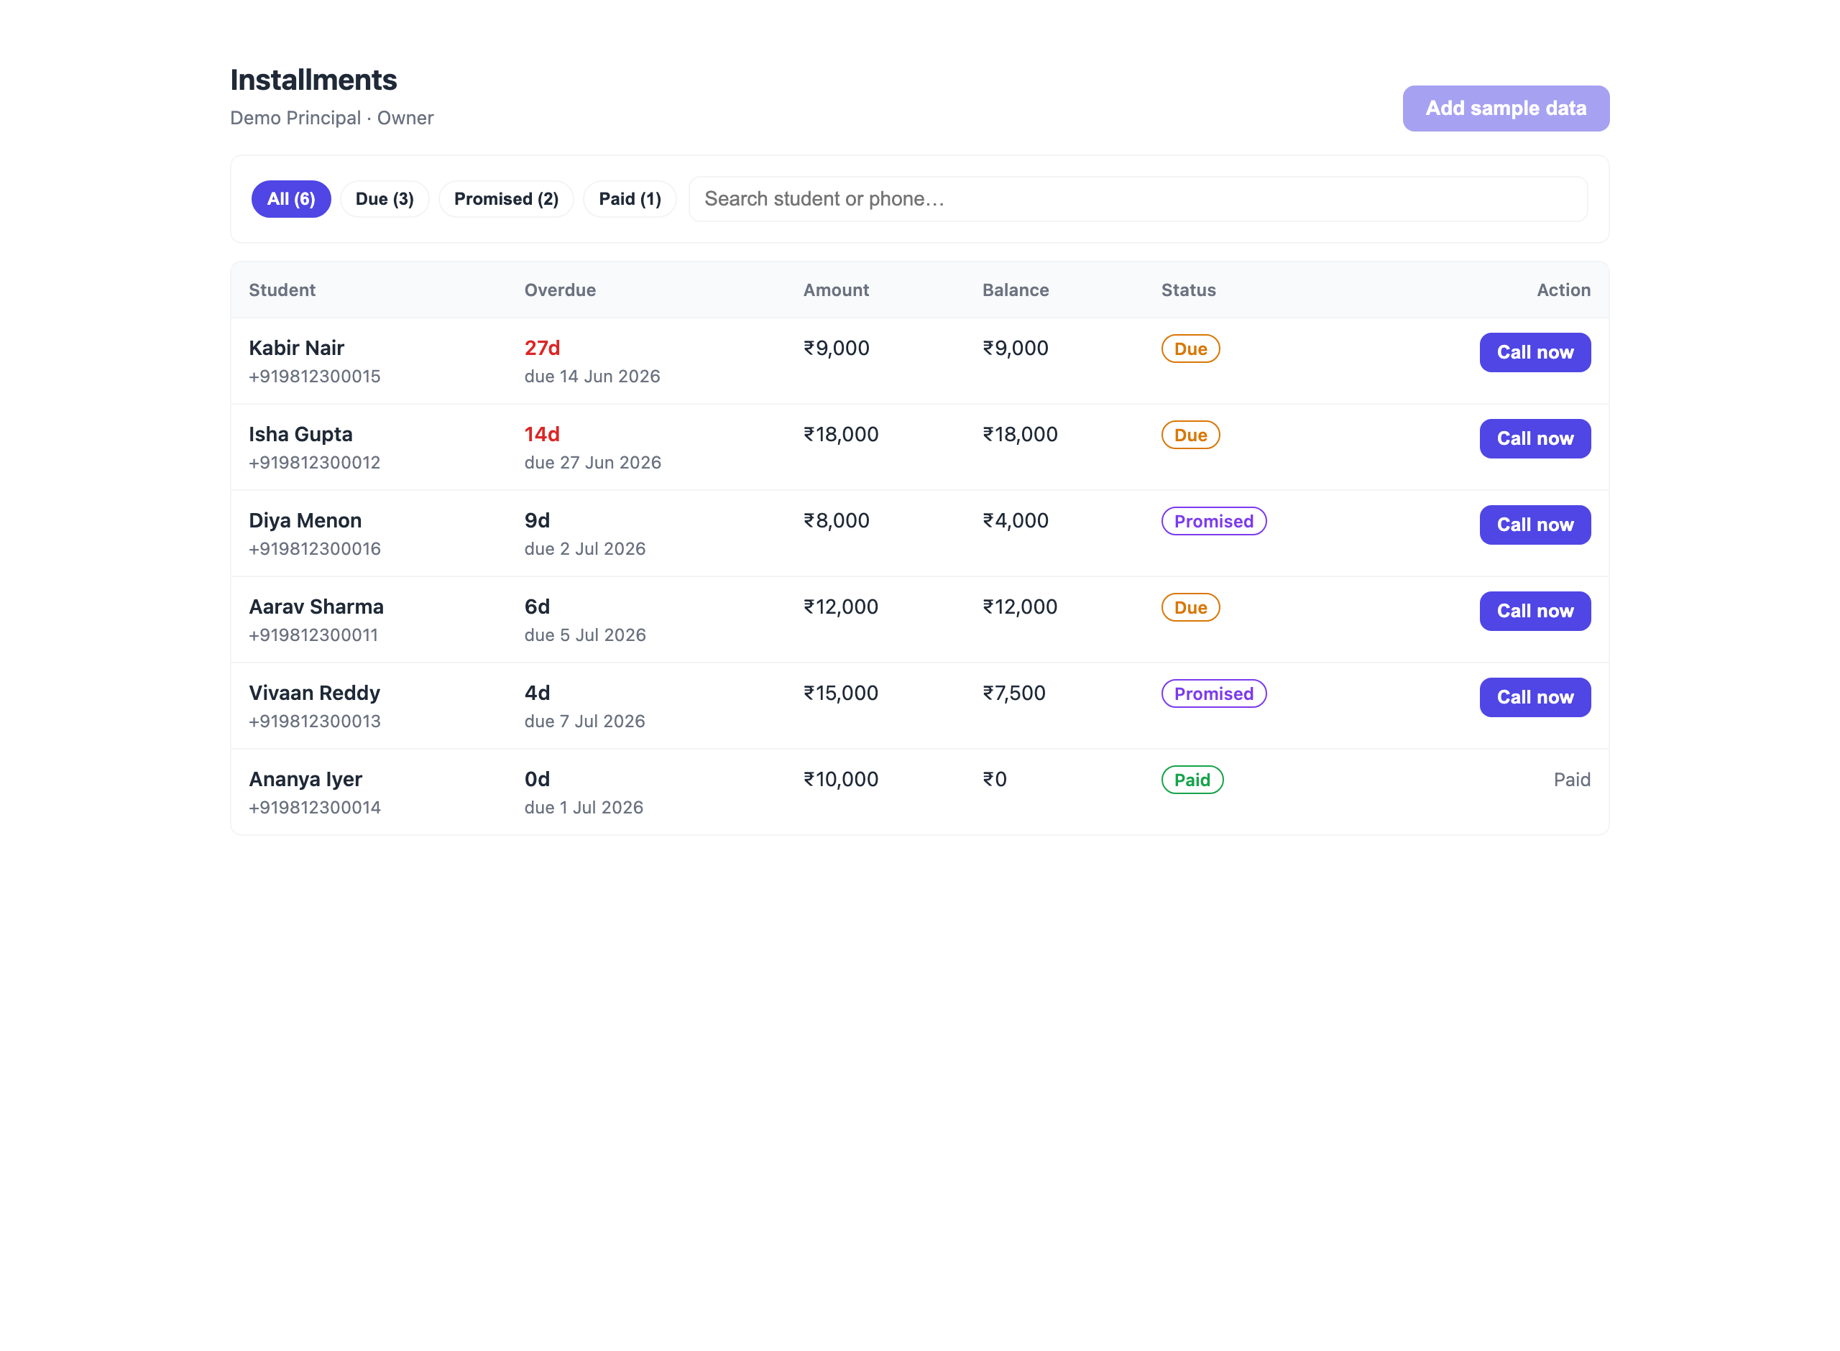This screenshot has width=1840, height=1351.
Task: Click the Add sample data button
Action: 1506,108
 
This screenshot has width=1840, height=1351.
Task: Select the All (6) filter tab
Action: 291,199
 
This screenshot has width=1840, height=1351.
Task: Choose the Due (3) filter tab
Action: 385,199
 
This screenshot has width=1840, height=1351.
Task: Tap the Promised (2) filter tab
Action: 506,199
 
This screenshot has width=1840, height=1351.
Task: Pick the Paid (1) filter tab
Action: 630,199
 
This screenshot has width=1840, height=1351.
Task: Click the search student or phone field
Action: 1138,199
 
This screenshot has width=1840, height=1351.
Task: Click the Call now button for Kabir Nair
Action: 1535,352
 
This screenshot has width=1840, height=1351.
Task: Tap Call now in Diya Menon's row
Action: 1535,525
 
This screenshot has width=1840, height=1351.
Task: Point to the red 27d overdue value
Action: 542,349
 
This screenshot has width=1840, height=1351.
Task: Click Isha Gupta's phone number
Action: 315,463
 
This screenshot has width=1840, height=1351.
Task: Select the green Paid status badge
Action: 1192,780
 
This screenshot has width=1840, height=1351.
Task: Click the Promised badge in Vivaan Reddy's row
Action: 1213,693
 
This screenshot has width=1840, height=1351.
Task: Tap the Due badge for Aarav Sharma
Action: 1191,608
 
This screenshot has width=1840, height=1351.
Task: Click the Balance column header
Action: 1016,290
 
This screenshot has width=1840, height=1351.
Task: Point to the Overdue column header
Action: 560,290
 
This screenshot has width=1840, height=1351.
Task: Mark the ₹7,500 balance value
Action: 1014,693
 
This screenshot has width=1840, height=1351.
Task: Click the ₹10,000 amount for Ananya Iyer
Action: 841,780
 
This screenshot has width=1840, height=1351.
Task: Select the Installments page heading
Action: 313,80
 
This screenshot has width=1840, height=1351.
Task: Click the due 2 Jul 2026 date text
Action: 585,549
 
